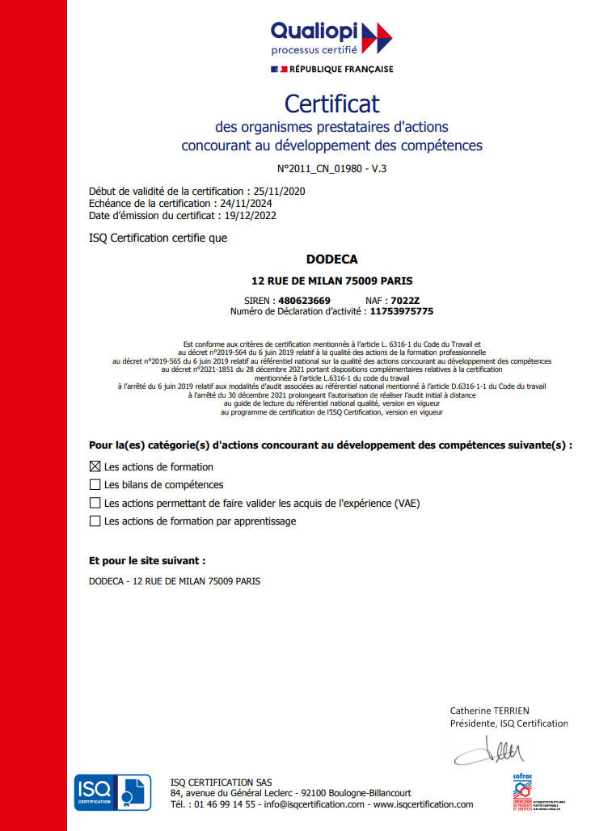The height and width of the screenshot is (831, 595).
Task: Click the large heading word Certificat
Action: [331, 103]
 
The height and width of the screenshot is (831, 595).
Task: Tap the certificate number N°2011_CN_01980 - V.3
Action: [331, 169]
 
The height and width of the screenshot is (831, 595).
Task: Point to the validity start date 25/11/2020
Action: [279, 192]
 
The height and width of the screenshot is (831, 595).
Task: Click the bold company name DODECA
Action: [331, 259]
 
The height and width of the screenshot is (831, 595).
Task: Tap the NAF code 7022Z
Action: [405, 301]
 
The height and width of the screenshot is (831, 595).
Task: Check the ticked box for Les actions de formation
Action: [95, 466]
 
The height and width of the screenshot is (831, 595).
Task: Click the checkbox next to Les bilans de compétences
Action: [95, 485]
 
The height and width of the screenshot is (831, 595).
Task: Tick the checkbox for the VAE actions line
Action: [95, 503]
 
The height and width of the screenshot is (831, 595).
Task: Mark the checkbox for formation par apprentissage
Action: [95, 521]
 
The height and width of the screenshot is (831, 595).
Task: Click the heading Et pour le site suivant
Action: [147, 560]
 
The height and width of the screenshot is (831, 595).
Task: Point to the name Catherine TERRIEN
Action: [489, 711]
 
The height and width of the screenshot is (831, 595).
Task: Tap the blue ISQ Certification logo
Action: [112, 792]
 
